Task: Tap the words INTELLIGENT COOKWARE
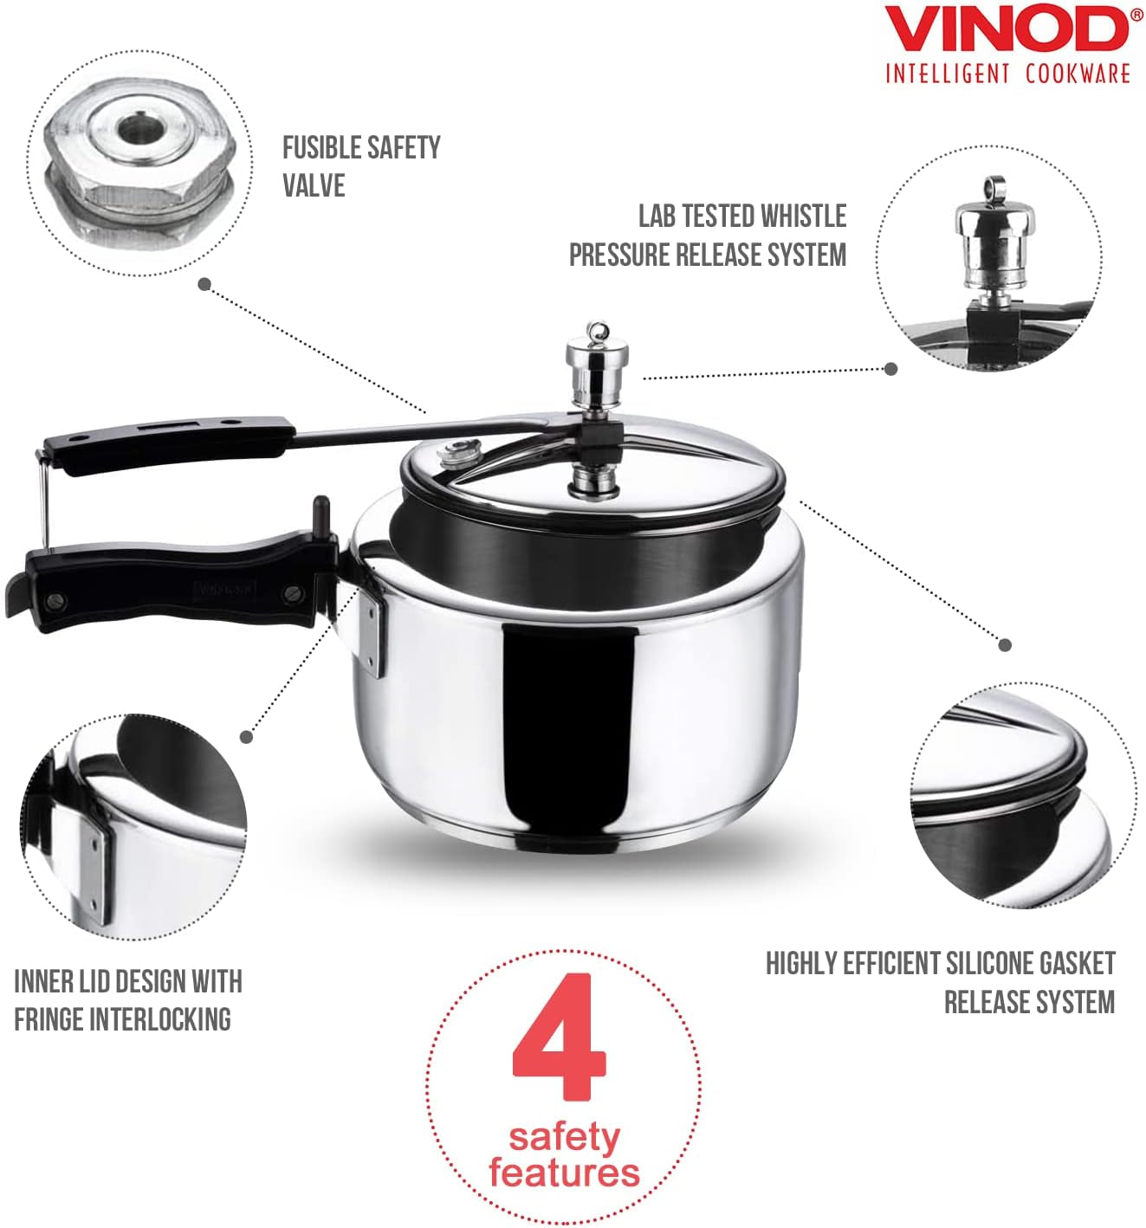(1007, 73)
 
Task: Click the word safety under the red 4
(564, 1136)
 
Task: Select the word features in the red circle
(564, 1173)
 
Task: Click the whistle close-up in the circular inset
(988, 238)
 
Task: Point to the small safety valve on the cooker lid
(450, 452)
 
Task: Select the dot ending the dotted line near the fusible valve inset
(205, 283)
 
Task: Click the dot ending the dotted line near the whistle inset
(890, 368)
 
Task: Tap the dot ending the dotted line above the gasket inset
(1005, 644)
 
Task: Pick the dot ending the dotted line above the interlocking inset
(247, 737)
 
